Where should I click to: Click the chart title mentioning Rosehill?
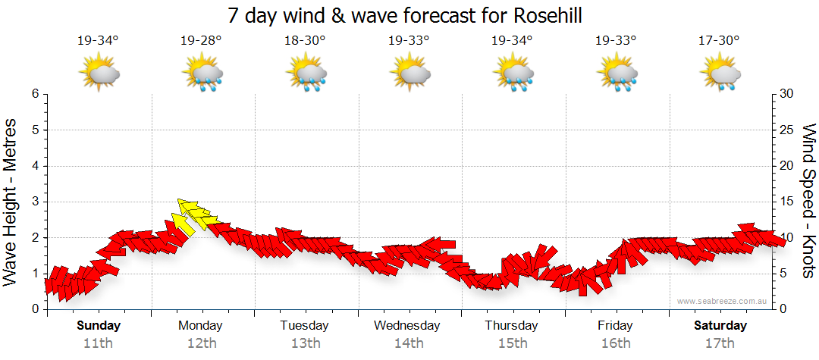[x=409, y=15]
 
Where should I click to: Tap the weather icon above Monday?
[x=202, y=74]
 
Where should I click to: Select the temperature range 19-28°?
[x=201, y=41]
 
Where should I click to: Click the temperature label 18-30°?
[x=305, y=41]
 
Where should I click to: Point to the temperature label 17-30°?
[x=719, y=41]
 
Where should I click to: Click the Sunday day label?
[x=99, y=326]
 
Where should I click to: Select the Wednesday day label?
[x=407, y=326]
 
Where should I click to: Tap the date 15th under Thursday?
[x=513, y=343]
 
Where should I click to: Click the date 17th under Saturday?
[x=720, y=343]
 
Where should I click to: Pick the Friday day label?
[x=615, y=326]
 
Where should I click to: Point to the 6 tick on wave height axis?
[x=35, y=94]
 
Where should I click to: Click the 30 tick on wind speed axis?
[x=787, y=94]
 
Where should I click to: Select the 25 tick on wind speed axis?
[x=787, y=130]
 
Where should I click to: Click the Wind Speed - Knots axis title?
[x=808, y=202]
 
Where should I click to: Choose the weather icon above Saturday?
[x=720, y=74]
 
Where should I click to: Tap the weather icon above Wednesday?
[x=409, y=74]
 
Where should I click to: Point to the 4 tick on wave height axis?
[x=35, y=166]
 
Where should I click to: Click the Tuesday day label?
[x=304, y=326]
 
